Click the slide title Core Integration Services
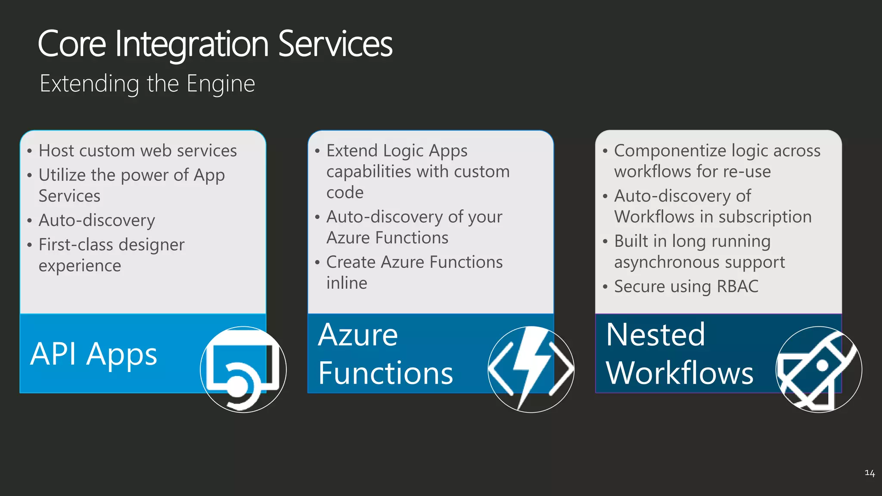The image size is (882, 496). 215,44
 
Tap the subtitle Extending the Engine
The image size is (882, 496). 147,84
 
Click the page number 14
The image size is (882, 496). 870,473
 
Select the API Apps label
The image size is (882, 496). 94,354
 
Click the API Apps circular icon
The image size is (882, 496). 243,369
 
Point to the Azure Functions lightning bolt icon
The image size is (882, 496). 531,369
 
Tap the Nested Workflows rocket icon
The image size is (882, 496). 819,369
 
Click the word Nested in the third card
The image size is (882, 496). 655,335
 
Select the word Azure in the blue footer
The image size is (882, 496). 358,335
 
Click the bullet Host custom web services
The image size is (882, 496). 138,151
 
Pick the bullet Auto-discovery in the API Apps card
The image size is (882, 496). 97,220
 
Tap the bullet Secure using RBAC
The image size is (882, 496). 686,287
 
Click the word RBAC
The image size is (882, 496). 738,287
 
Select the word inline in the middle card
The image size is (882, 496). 347,283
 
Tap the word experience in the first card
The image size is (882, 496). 80,266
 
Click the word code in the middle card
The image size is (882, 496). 345,192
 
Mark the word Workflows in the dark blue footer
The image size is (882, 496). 680,373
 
